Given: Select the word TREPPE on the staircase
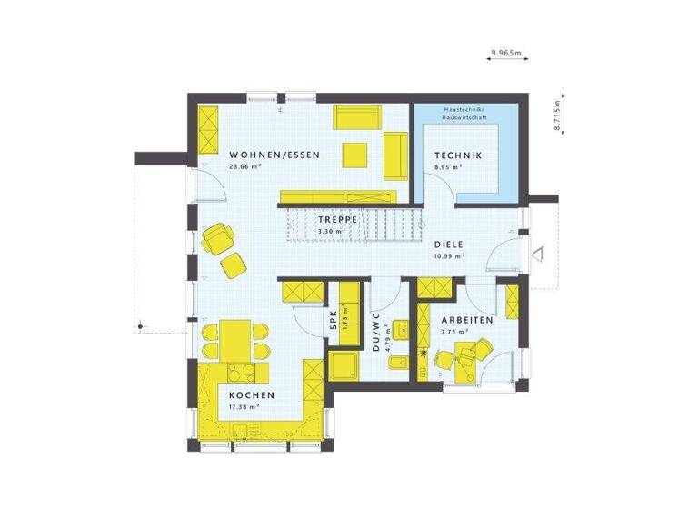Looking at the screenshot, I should [335, 220].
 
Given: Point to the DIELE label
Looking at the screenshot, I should [449, 244].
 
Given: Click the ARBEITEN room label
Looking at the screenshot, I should [467, 321].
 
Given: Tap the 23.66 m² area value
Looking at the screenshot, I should [245, 167].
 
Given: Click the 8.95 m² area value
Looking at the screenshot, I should [448, 167].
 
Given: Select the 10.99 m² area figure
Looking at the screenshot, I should [449, 255].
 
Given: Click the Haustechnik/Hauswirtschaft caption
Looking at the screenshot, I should [466, 114].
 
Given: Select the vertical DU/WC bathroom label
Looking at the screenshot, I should [374, 332].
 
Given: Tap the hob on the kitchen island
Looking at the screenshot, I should [241, 372].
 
